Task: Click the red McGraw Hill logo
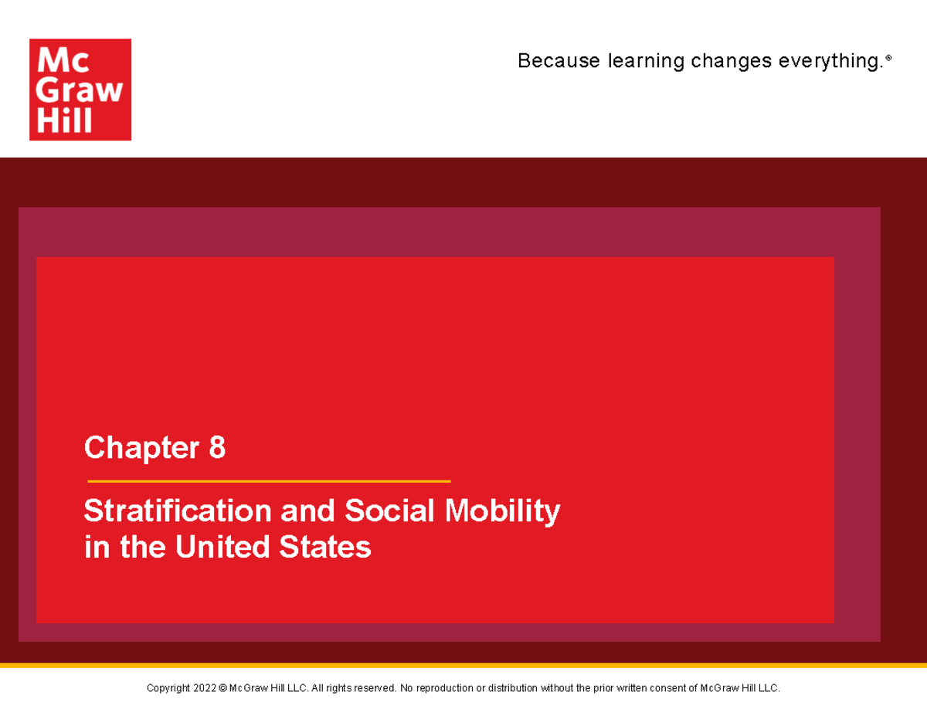80,90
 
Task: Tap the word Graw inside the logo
80,90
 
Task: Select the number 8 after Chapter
217,447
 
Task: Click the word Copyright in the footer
168,688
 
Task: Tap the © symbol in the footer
222,688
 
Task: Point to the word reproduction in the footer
442,688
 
